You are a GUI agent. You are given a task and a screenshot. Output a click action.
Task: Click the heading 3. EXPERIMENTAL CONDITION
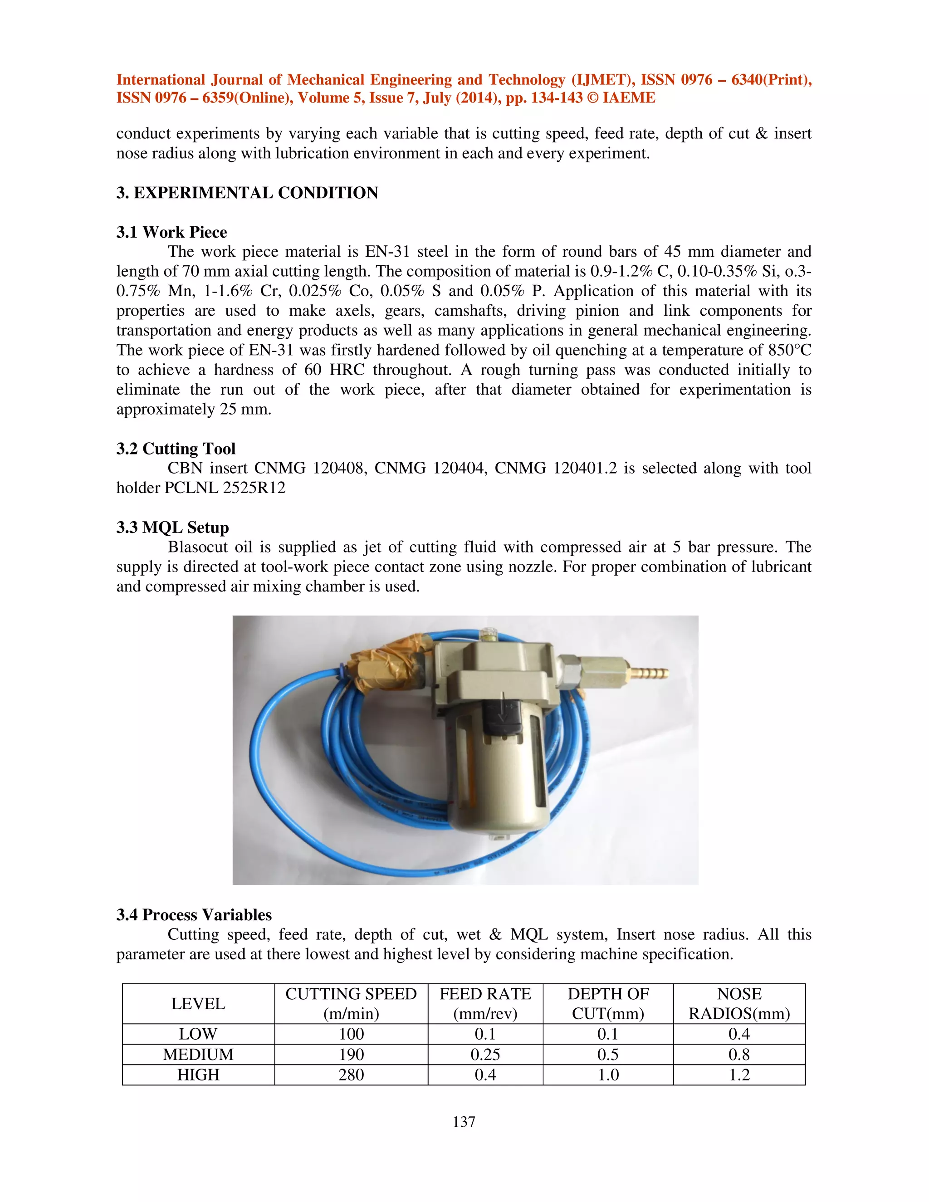(x=247, y=193)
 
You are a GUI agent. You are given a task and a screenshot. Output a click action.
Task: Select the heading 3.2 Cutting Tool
(x=176, y=449)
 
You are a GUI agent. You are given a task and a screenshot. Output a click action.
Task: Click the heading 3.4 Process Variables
(x=194, y=915)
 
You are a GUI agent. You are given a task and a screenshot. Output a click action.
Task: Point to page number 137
(x=464, y=1122)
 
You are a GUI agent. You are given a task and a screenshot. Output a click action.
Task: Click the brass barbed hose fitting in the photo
(x=650, y=673)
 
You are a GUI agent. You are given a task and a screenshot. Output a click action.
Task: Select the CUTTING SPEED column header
(x=351, y=1004)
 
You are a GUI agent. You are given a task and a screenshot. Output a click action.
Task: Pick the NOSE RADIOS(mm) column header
(x=739, y=1004)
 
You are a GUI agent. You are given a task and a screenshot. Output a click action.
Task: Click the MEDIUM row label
(x=198, y=1055)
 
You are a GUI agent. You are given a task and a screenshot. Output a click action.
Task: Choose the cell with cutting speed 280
(x=351, y=1075)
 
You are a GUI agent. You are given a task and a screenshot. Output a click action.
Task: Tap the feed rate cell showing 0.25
(x=485, y=1055)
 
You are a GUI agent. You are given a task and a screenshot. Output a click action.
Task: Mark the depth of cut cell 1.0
(x=608, y=1075)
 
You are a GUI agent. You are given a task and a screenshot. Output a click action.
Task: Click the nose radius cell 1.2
(x=739, y=1075)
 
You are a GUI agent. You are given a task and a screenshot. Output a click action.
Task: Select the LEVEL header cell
(x=198, y=1004)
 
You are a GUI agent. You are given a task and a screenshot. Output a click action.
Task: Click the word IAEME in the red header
(x=629, y=98)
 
